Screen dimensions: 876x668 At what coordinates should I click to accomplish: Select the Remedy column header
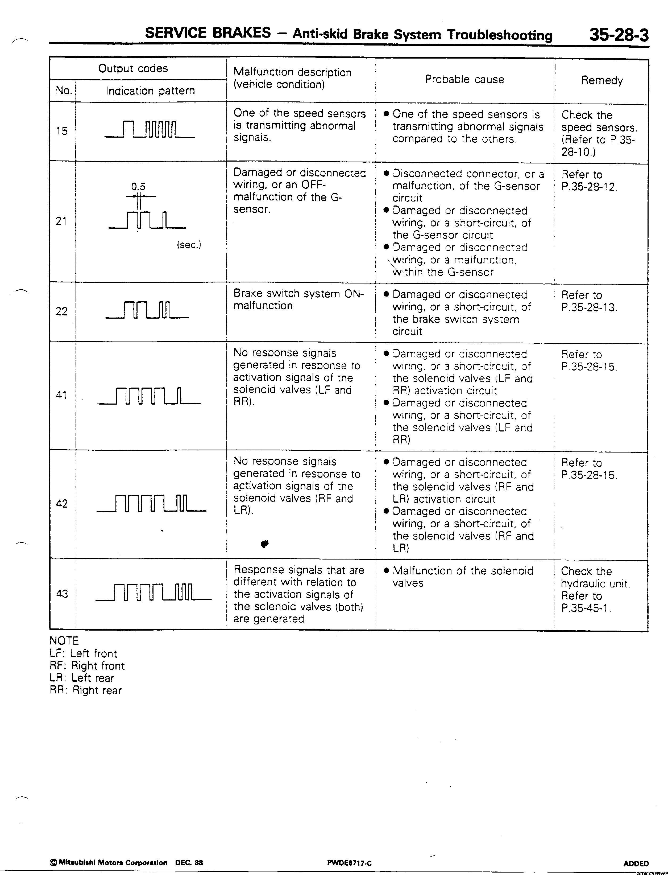click(601, 80)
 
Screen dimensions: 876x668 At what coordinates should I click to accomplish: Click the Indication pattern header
click(150, 91)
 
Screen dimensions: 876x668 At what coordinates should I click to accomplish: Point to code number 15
click(62, 130)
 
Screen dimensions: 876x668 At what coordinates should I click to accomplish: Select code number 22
click(62, 311)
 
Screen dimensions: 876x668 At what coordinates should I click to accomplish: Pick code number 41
click(61, 395)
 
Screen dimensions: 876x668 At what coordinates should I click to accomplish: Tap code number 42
click(62, 504)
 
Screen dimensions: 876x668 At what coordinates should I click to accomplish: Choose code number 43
click(62, 594)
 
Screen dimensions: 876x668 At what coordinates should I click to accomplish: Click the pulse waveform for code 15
click(150, 129)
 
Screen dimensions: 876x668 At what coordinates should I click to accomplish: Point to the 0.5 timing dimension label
click(138, 187)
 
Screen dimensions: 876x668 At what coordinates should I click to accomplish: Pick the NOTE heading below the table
click(64, 641)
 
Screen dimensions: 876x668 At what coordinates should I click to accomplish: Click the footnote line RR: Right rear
click(85, 690)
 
